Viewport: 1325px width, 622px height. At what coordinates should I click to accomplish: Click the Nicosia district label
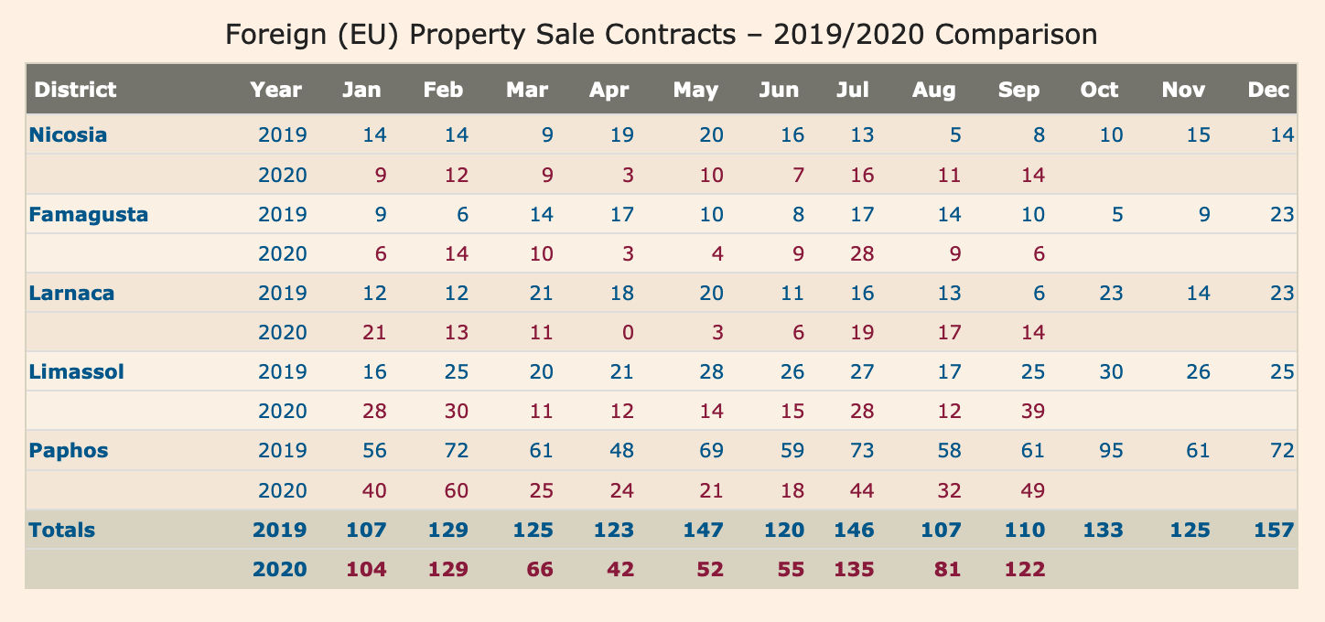68,135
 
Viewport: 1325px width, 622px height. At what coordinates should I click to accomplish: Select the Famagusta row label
88,215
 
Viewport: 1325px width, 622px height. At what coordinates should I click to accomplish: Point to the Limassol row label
76,372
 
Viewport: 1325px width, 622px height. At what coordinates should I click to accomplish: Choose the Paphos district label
69,451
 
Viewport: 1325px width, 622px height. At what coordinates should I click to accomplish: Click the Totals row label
62,530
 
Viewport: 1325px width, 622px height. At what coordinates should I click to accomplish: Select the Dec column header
1268,90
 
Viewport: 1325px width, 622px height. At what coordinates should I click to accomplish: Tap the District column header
75,90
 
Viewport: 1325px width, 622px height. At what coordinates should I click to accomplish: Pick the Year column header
275,90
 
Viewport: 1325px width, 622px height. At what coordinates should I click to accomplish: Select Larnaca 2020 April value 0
627,333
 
